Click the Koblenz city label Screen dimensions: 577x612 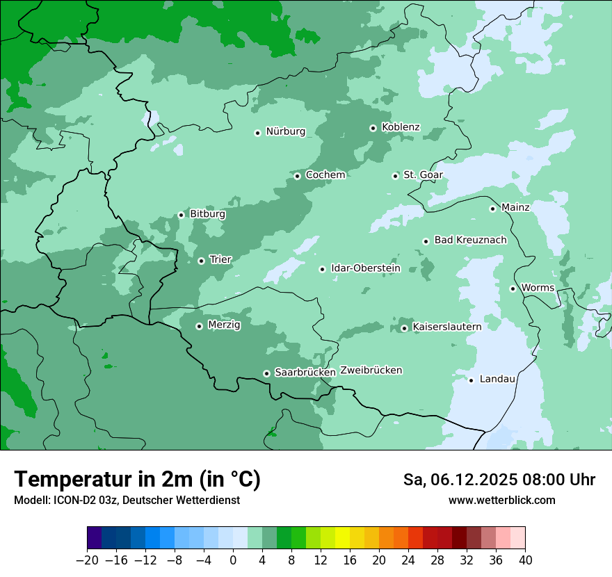401,127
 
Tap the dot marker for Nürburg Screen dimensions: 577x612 257,132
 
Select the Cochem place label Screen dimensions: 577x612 325,174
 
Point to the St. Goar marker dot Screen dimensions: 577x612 395,176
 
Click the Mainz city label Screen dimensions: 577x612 515,207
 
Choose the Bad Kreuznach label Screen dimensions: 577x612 470,240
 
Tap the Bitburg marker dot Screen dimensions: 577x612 181,215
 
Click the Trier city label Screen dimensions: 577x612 220,259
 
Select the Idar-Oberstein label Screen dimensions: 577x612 365,268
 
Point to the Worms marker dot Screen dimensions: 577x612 513,288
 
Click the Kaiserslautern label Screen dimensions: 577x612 446,326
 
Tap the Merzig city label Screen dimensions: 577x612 224,325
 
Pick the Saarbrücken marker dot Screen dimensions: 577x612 266,373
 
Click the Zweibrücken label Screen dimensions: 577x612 371,371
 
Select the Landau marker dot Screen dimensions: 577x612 471,380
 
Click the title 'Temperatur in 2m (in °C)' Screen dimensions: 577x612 137,479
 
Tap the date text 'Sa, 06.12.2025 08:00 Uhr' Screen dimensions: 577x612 499,480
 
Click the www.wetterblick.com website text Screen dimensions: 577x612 501,500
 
